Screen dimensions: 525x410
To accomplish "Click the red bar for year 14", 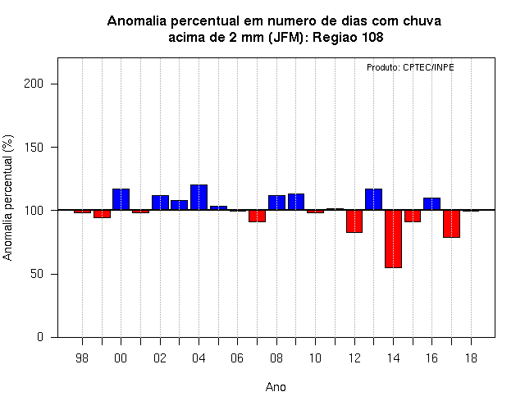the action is click(393, 239).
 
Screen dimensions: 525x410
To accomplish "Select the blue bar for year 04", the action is click(199, 198).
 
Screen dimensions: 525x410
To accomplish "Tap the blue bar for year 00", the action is click(121, 199).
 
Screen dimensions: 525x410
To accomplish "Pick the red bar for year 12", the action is click(354, 221).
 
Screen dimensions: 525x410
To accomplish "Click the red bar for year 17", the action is click(451, 224).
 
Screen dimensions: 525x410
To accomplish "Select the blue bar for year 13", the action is click(374, 199).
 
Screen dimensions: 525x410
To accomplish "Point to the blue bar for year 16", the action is click(432, 204).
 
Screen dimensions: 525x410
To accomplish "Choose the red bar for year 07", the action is click(257, 216).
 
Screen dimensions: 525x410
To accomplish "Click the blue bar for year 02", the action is click(160, 203).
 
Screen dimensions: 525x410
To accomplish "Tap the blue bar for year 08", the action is click(277, 203).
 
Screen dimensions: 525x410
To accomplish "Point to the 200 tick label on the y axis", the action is click(34, 84).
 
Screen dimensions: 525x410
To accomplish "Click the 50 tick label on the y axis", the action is click(37, 274).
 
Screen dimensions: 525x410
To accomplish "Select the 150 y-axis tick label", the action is click(34, 147).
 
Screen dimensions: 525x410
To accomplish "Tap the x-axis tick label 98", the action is click(82, 358).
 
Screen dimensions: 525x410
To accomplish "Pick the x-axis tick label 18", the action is click(471, 358).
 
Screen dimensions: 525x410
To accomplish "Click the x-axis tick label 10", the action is click(315, 358).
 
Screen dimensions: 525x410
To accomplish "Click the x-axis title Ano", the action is click(276, 387).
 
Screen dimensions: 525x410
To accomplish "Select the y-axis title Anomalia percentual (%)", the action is click(8, 198).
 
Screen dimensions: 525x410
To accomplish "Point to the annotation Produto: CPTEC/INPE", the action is click(410, 67).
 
